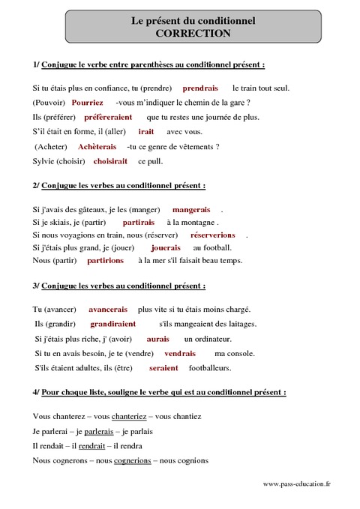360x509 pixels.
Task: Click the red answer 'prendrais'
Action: tap(200, 88)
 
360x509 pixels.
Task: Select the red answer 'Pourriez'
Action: tap(88, 103)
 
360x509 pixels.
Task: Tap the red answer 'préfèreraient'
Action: tap(108, 117)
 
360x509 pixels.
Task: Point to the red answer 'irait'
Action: tap(146, 131)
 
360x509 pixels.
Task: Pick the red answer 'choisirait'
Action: tap(110, 161)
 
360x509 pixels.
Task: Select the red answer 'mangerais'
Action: tap(191, 209)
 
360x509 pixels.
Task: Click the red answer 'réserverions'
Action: tap(213, 235)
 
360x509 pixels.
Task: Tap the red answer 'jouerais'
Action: tap(166, 247)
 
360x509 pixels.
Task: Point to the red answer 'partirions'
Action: tap(106, 261)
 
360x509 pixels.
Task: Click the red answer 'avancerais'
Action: tap(108, 310)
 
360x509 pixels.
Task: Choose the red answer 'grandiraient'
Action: tap(113, 324)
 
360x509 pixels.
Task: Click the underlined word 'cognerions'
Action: tap(133, 461)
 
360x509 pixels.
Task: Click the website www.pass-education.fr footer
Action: tap(297, 484)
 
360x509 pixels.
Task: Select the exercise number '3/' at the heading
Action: tap(37, 286)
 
